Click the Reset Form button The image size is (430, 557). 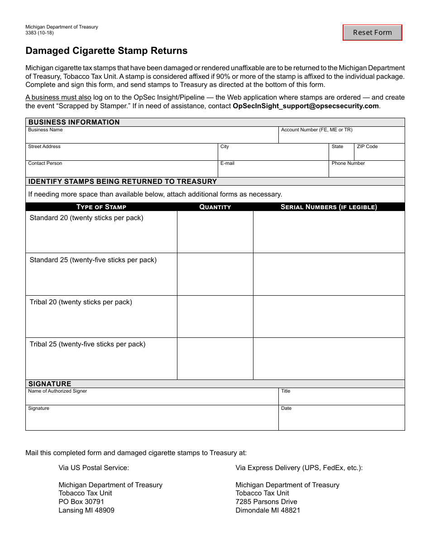[x=372, y=33]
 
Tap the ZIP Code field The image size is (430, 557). [x=379, y=154]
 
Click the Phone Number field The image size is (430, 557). [x=366, y=171]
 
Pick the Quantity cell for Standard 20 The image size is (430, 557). [x=215, y=232]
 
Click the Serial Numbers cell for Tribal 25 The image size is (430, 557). [x=329, y=359]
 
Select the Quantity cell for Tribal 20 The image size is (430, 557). [x=215, y=317]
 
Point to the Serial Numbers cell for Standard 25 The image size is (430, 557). [x=329, y=274]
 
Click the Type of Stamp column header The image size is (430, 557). [x=101, y=207]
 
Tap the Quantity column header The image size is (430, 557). [x=215, y=207]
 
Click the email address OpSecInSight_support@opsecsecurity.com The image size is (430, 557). [x=306, y=106]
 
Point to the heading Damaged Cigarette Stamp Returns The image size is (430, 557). [x=106, y=51]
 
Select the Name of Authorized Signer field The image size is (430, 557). [x=152, y=399]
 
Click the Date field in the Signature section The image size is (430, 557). [x=341, y=420]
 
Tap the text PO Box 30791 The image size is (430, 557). [x=81, y=502]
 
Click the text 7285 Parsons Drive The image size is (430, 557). [x=266, y=502]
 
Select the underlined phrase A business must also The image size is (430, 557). [x=58, y=97]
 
